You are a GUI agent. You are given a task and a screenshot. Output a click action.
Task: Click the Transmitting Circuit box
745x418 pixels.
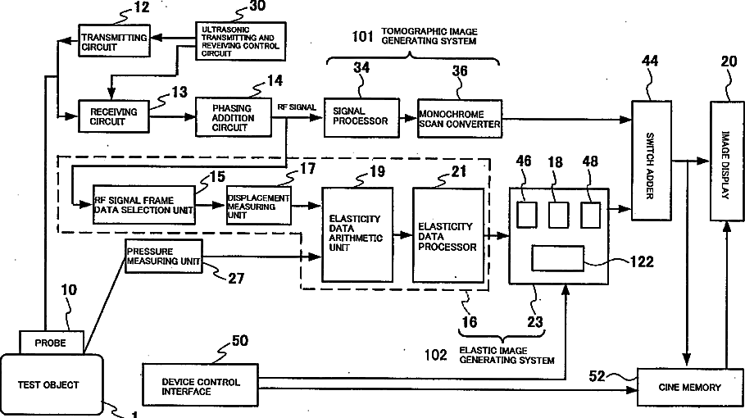pos(114,41)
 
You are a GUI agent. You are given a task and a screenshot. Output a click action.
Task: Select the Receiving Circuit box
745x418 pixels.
pos(114,116)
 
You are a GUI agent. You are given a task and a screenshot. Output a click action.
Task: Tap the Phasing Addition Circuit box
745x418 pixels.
pos(234,117)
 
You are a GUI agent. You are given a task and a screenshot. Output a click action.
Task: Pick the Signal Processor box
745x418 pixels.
pos(361,118)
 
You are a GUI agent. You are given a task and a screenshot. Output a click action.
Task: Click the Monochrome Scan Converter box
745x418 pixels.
pos(460,119)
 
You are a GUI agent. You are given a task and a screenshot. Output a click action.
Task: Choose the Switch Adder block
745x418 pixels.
pos(651,161)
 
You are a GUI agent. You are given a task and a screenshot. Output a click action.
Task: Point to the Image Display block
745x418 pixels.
pos(727,161)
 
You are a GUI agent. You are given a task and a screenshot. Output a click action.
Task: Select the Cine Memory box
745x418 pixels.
pos(690,387)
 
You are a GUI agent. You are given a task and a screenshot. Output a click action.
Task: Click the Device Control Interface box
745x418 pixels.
pos(201,384)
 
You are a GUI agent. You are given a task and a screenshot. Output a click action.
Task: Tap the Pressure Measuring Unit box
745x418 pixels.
pos(164,256)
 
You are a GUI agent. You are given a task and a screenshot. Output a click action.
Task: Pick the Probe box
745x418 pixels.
pos(52,343)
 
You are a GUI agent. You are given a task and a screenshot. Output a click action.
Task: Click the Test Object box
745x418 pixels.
pos(52,384)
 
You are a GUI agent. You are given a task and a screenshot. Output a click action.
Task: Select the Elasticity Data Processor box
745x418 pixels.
pos(448,235)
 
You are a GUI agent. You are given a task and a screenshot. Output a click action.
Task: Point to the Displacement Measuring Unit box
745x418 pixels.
pos(258,205)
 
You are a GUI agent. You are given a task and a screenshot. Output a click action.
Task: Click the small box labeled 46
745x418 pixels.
pos(527,215)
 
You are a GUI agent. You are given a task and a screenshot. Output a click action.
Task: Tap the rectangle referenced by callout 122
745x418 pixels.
pos(558,258)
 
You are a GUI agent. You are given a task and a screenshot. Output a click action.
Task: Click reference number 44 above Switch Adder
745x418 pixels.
pos(650,61)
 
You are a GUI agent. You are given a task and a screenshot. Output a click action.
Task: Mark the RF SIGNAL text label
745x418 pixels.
pos(297,107)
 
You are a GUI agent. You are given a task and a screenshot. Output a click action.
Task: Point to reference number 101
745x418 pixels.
pos(362,36)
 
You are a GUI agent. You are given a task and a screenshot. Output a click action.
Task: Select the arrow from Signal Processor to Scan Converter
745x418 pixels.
pos(409,118)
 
